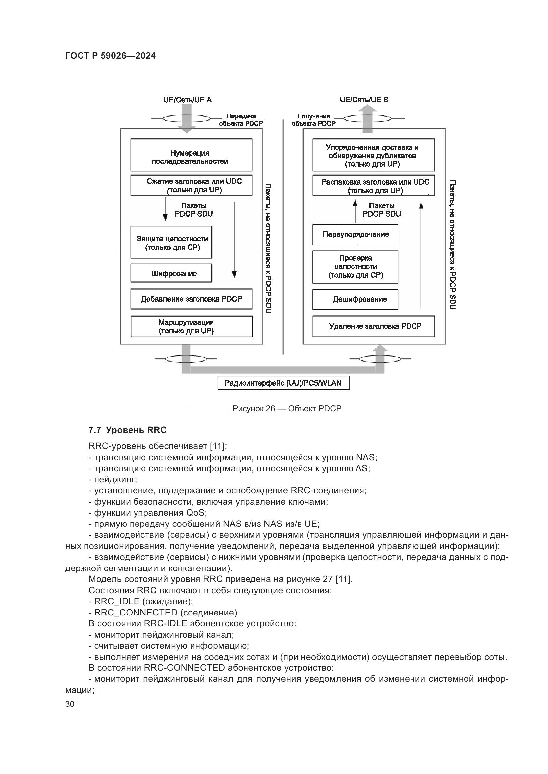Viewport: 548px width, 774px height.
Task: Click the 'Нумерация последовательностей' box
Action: pos(191,155)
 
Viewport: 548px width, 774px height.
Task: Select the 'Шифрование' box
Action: pos(171,273)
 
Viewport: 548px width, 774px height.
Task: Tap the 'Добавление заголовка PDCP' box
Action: pos(191,299)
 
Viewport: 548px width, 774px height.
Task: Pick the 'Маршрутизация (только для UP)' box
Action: pos(191,326)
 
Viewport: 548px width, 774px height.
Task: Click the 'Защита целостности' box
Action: pos(171,242)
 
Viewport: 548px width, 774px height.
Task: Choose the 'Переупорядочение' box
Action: pos(355,235)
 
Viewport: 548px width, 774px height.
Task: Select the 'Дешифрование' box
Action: pos(355,299)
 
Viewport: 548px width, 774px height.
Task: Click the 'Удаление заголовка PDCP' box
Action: pos(373,326)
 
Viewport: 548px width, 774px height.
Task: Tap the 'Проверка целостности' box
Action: pos(355,267)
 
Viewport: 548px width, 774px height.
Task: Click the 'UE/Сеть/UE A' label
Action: pos(188,100)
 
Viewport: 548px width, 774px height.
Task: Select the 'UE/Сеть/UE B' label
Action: pos(364,100)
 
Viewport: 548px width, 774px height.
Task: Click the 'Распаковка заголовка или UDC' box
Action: pos(373,186)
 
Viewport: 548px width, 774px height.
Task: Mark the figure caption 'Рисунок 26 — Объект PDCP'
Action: pos(287,409)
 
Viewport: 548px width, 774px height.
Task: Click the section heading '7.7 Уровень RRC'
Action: pos(128,430)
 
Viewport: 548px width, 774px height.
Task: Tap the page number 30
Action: pos(70,704)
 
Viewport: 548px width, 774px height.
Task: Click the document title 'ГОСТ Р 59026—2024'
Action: pos(111,56)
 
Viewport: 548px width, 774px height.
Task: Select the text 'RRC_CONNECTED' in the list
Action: pos(136,613)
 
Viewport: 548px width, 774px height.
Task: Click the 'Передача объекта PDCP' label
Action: pos(241,120)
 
